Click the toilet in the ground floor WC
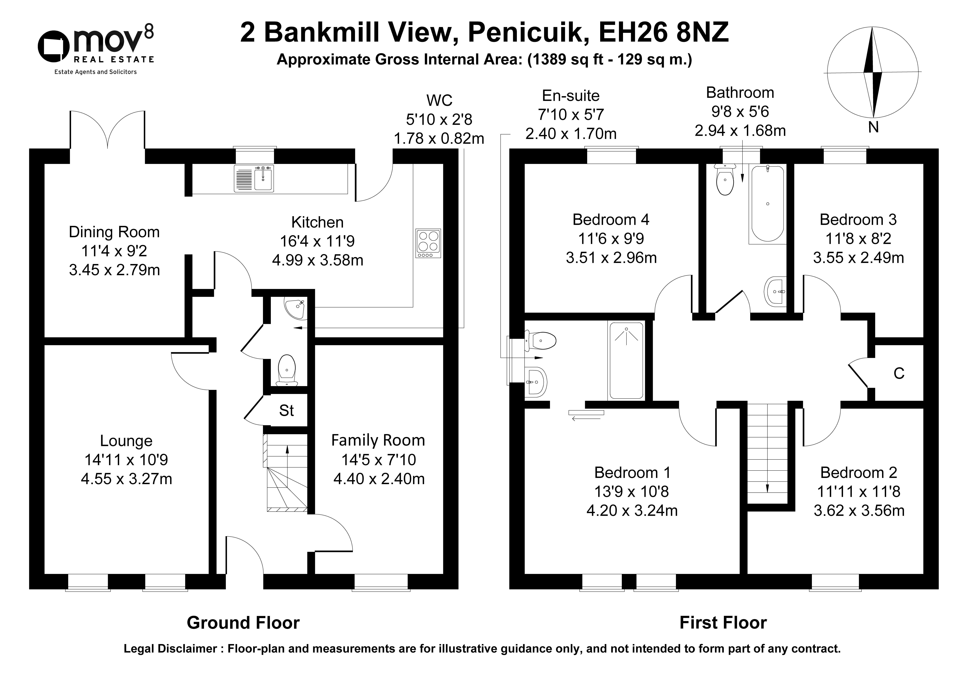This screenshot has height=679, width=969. (x=287, y=370)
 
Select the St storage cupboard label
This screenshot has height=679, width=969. (x=287, y=410)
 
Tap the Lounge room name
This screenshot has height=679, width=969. (x=126, y=441)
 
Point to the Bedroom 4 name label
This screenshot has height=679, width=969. (x=611, y=220)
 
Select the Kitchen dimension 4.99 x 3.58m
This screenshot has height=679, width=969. (x=318, y=260)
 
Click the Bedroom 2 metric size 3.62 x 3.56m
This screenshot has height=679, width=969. (x=859, y=511)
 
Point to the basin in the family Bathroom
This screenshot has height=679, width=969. (x=775, y=291)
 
